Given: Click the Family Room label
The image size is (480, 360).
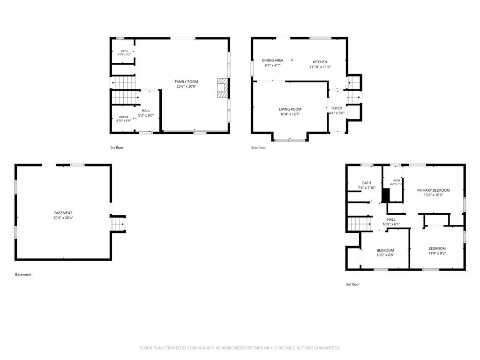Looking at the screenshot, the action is [x=187, y=82].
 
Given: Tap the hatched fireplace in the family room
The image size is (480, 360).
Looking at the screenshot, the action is [x=223, y=88].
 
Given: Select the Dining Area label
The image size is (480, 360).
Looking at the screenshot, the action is [x=272, y=60].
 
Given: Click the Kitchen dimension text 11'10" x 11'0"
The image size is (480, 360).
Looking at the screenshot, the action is [x=320, y=67].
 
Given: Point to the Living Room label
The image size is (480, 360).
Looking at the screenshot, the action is [x=290, y=109].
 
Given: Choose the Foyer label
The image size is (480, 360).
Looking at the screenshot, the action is [x=337, y=108].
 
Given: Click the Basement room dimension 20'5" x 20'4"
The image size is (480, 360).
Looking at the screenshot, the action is [x=63, y=217].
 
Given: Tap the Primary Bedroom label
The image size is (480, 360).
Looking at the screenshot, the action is [x=434, y=190].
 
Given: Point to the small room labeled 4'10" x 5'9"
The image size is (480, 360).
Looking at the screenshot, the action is [x=124, y=119].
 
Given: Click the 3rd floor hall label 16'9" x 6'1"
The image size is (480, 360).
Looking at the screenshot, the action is [x=391, y=224].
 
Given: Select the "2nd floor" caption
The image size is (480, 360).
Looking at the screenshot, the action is [x=259, y=148].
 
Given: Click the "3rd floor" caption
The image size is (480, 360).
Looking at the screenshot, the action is [x=352, y=285].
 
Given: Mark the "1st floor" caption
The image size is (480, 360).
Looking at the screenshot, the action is [x=117, y=148].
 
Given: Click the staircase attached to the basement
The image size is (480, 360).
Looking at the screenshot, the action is [x=118, y=224].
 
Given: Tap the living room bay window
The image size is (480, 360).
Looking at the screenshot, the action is [x=290, y=140].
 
